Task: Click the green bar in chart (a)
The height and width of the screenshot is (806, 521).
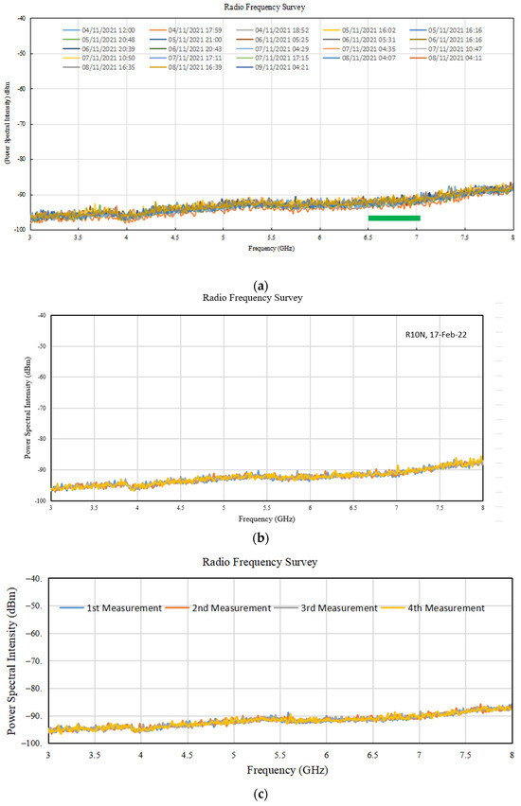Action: click(394, 218)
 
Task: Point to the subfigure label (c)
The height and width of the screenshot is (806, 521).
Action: click(260, 792)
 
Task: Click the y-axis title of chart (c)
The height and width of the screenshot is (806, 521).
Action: click(11, 660)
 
